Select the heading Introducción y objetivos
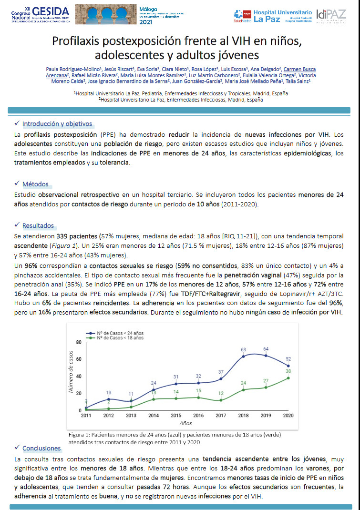pos(57,124)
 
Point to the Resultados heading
pos(38,225)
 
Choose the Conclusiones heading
pos(41,448)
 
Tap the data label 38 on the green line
pos(288,371)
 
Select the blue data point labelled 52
pos(288,366)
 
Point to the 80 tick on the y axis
pos(78,343)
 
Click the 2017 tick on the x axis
pos(221,416)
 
